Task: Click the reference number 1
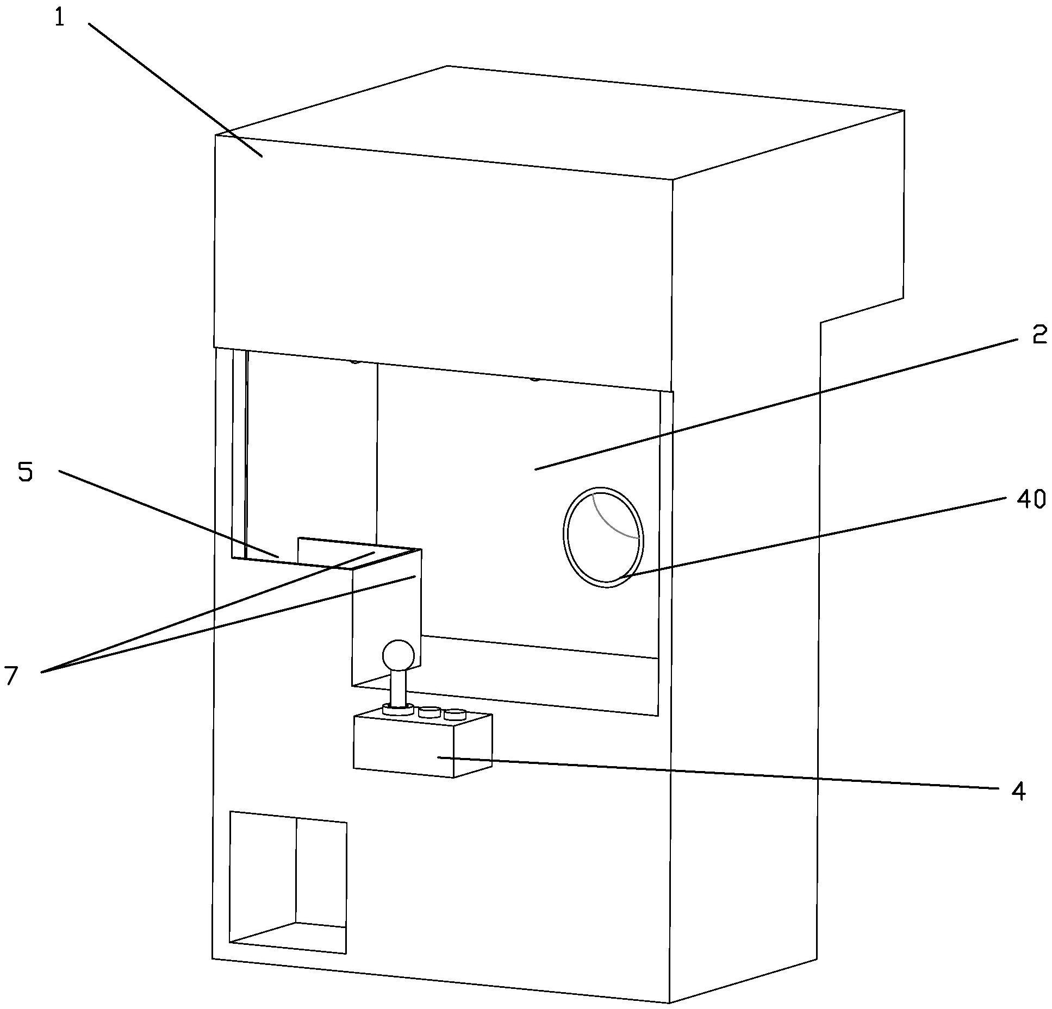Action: coord(59,18)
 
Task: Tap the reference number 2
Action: coord(1039,335)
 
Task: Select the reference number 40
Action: coord(1030,499)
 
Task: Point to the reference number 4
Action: coord(1018,791)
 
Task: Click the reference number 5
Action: coord(26,472)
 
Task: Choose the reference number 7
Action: coord(11,675)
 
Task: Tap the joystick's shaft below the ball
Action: coord(399,689)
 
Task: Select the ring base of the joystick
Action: coord(399,709)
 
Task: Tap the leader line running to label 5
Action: coord(169,513)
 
